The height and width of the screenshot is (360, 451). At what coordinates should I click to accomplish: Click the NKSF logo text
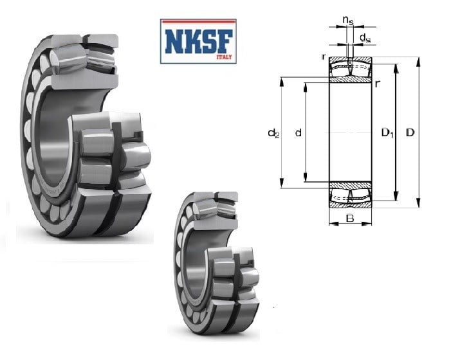198,41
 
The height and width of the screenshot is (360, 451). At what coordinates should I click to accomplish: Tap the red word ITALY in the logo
224,57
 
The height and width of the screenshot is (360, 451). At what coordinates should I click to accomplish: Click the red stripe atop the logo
198,21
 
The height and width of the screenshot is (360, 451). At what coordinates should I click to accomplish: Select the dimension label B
350,219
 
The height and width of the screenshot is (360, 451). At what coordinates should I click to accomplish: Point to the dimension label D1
387,133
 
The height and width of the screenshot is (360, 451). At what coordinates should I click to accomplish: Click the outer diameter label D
410,132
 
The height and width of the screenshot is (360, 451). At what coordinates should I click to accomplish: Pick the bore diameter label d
299,132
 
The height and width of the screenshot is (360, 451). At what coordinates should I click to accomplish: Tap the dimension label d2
273,133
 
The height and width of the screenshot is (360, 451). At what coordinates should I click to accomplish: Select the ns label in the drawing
348,20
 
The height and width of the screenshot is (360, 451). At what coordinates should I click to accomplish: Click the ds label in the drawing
365,37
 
